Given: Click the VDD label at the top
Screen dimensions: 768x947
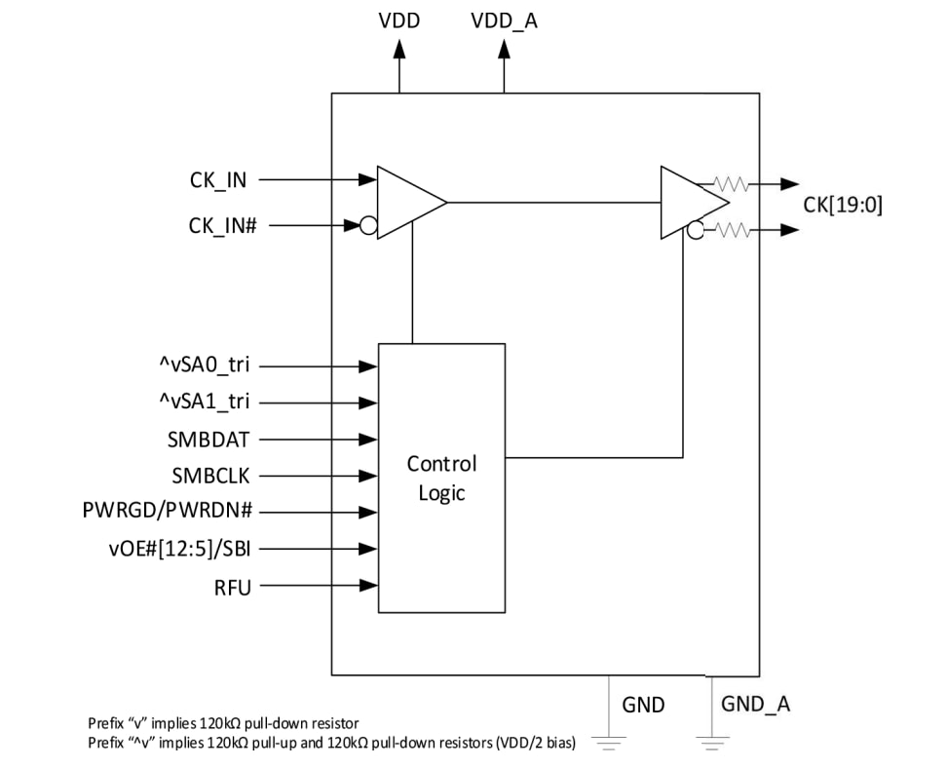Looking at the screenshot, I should [398, 20].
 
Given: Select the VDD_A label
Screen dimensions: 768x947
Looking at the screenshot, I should [504, 20].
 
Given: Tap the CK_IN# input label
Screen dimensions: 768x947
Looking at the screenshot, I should [222, 226].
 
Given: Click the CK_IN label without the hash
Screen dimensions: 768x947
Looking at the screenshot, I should [218, 179].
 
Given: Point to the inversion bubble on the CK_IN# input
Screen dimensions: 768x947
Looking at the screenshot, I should [368, 226].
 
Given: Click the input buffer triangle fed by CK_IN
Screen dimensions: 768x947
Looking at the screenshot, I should [407, 203].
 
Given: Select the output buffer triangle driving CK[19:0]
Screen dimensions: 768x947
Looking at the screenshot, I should [690, 203].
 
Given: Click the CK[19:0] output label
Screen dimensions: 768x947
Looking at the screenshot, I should [843, 205].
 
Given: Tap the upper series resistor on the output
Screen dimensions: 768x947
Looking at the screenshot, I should [731, 183].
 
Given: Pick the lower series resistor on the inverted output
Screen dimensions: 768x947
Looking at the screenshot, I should [731, 230].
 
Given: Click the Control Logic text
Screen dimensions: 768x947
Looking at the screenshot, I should [441, 478].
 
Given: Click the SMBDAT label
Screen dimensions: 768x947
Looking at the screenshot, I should [208, 440].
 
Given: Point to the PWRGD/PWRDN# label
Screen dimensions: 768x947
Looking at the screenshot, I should [171, 512].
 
